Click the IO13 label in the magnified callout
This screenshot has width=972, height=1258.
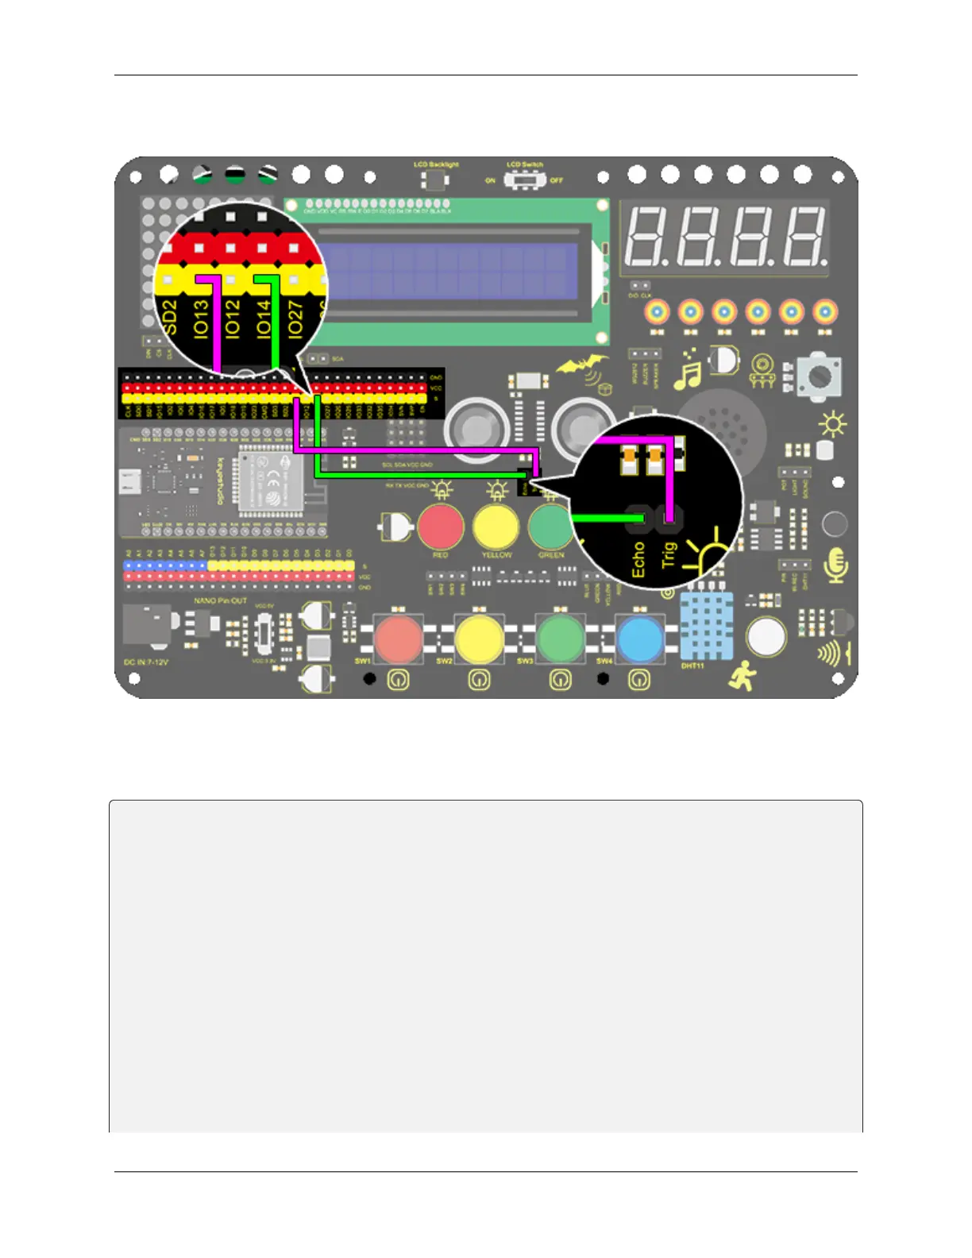tap(201, 320)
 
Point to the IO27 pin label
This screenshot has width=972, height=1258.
tap(295, 319)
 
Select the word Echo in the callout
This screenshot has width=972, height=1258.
tap(638, 559)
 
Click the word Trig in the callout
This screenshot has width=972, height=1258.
tap(669, 554)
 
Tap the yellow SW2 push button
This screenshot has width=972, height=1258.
tap(479, 639)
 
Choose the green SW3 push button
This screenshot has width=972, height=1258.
tap(561, 639)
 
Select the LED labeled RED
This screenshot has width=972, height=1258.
tap(441, 526)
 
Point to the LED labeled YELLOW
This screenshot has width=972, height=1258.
tap(496, 527)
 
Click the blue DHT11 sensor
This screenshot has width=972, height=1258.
tap(705, 626)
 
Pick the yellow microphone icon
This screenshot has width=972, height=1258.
tap(835, 565)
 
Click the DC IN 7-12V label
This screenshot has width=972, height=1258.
tap(146, 662)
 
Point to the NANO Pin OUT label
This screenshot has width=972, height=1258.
tap(221, 601)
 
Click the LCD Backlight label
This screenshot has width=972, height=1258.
tap(436, 164)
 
